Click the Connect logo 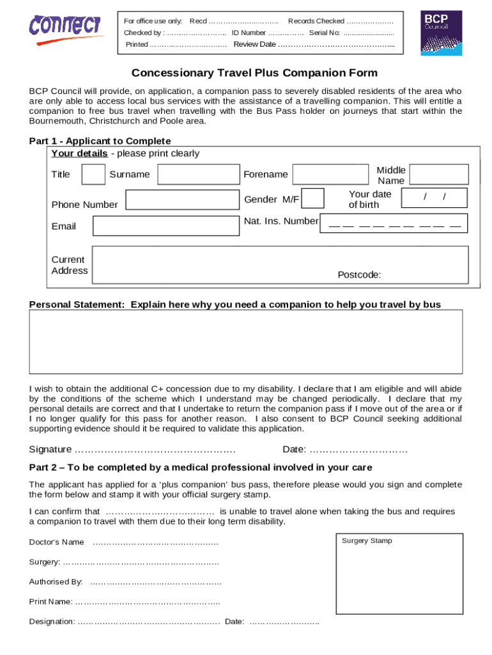click(x=65, y=29)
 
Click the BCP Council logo click(x=443, y=32)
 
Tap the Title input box click(x=94, y=175)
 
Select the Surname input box click(x=197, y=175)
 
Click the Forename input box click(x=331, y=175)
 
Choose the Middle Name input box click(x=438, y=175)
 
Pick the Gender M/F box click(x=312, y=198)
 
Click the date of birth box click(x=434, y=199)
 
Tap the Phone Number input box click(x=182, y=201)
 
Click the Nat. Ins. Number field click(x=394, y=223)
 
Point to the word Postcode click(x=359, y=275)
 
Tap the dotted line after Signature click(x=155, y=450)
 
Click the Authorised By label click(x=56, y=582)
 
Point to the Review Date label click(x=254, y=44)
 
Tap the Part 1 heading click(x=100, y=141)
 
